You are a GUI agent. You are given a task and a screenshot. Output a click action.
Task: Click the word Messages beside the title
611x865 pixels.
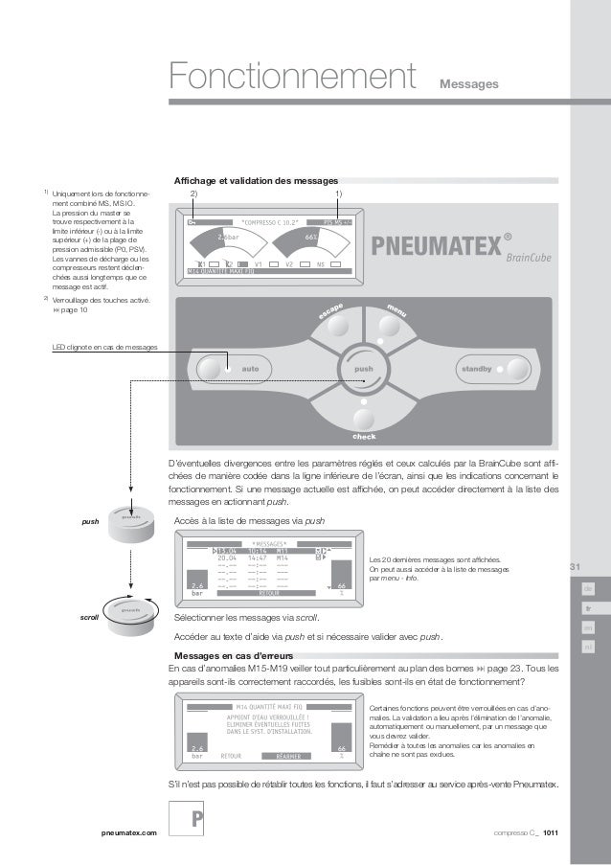coord(468,86)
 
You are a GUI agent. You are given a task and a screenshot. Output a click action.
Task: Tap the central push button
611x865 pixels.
coord(364,368)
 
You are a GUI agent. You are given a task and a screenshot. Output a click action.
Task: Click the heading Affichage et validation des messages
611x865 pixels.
coord(256,180)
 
